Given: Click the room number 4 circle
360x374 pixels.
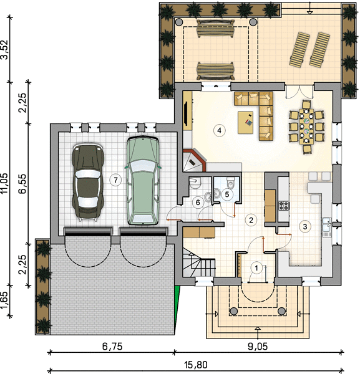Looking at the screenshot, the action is pyautogui.click(x=219, y=130).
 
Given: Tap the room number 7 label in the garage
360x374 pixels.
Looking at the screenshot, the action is pyautogui.click(x=115, y=180).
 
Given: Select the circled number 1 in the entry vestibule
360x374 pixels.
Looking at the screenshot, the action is pyautogui.click(x=256, y=268).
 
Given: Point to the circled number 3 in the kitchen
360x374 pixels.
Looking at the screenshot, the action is pyautogui.click(x=305, y=226).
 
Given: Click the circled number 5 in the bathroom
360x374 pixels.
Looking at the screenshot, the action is pyautogui.click(x=226, y=194).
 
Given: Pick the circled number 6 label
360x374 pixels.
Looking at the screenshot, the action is pyautogui.click(x=198, y=202).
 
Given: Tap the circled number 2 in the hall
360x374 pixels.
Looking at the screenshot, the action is pyautogui.click(x=251, y=219).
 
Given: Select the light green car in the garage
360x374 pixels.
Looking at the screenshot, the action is pyautogui.click(x=143, y=181).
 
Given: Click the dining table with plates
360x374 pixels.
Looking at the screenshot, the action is pyautogui.click(x=306, y=126).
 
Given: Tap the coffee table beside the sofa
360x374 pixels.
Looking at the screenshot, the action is pyautogui.click(x=245, y=122).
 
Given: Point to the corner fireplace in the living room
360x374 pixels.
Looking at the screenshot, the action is pyautogui.click(x=193, y=160).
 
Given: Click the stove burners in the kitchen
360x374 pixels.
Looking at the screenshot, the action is pyautogui.click(x=284, y=206).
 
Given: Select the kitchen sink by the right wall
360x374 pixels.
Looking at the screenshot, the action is pyautogui.click(x=326, y=227).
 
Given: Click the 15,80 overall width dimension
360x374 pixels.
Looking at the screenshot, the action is pyautogui.click(x=196, y=365).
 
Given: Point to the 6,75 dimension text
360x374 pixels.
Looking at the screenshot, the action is pyautogui.click(x=112, y=347).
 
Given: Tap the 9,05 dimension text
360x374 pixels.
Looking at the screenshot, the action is pyautogui.click(x=258, y=347).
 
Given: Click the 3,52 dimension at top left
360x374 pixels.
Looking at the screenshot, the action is pyautogui.click(x=5, y=49).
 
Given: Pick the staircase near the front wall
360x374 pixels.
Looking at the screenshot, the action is pyautogui.click(x=199, y=262).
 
